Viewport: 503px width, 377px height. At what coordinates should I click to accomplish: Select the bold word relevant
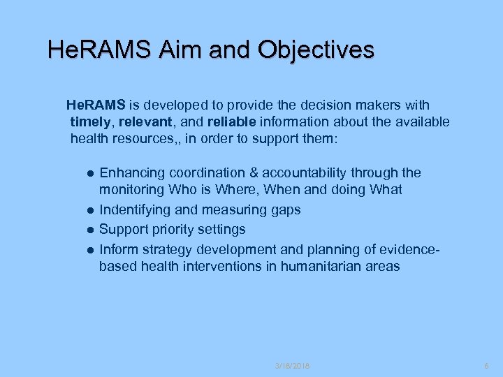[x=144, y=123]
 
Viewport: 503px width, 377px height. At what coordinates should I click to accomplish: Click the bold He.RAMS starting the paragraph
[x=96, y=105]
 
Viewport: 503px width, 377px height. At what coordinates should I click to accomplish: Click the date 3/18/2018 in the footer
[x=292, y=366]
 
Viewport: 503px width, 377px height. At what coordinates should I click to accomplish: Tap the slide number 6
[x=488, y=366]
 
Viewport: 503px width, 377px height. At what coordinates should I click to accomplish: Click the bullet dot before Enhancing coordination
[x=90, y=173]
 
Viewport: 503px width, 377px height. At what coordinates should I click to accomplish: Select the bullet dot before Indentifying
[x=90, y=210]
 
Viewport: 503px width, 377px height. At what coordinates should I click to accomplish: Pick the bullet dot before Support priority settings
[x=90, y=230]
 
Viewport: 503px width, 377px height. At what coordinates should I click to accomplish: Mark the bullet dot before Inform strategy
[x=90, y=249]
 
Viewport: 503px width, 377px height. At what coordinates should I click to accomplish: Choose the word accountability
[x=306, y=172]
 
